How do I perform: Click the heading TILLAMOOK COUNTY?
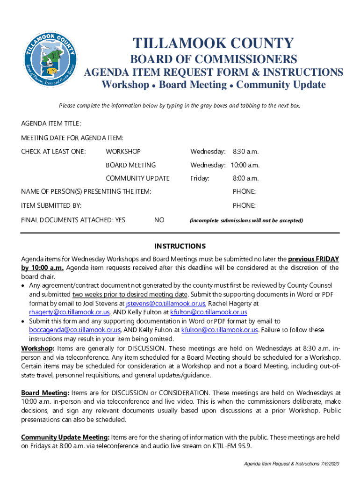[213, 44]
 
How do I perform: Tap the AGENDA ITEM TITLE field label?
[51, 123]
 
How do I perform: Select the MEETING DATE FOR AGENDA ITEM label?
[72, 138]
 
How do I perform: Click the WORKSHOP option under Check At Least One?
[123, 152]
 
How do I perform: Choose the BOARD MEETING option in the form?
[130, 165]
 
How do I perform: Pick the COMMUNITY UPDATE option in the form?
[137, 178]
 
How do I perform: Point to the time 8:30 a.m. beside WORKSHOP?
[245, 152]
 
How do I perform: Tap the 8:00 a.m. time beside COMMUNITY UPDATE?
[245, 178]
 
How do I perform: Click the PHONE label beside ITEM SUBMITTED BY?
[244, 205]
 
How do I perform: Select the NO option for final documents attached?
[159, 220]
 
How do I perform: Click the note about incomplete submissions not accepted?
[246, 220]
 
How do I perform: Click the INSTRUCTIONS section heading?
[180, 246]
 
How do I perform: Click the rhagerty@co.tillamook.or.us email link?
[70, 312]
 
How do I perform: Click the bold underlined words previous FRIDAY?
[313, 259]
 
